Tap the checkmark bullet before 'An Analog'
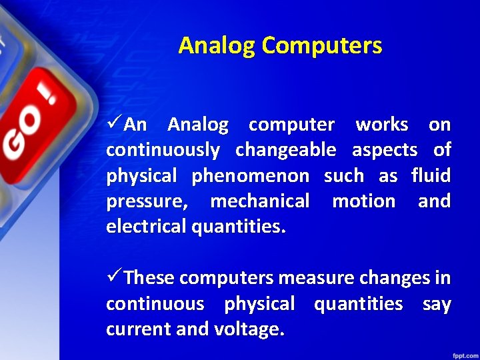pyautogui.click(x=114, y=124)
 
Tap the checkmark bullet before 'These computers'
pyautogui.click(x=114, y=277)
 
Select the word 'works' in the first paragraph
pyautogui.click(x=381, y=125)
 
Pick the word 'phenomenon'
pyautogui.click(x=250, y=176)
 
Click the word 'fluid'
pyautogui.click(x=431, y=176)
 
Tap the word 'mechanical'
pyautogui.click(x=259, y=201)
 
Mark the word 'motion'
pyautogui.click(x=363, y=201)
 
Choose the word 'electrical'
pyautogui.click(x=146, y=227)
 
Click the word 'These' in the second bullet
pyautogui.click(x=150, y=277)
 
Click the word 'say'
pyautogui.click(x=437, y=305)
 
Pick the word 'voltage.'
pyautogui.click(x=249, y=329)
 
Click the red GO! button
pyautogui.click(x=30, y=127)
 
